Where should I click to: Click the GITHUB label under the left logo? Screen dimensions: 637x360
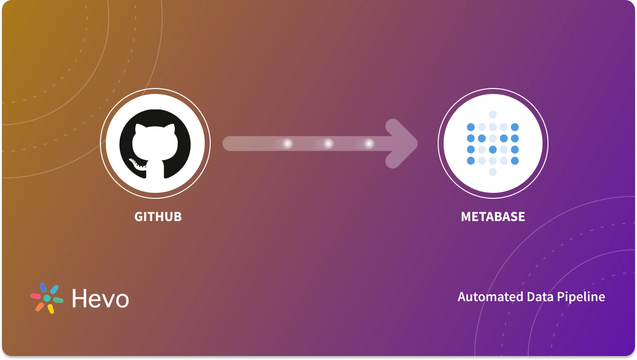click(158, 217)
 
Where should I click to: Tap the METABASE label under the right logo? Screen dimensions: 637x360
click(493, 217)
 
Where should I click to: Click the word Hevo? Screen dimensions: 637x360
click(100, 299)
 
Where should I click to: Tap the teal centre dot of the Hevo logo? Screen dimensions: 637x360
click(47, 298)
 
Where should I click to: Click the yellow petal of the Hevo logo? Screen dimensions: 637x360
click(50, 309)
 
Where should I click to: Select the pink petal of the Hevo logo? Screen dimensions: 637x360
click(36, 296)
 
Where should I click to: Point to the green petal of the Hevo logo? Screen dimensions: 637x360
click(58, 300)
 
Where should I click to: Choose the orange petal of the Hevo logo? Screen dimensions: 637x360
click(40, 307)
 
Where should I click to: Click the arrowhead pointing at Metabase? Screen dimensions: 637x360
click(403, 143)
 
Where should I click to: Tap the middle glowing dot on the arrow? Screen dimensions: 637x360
click(328, 143)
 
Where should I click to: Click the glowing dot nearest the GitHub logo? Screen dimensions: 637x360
click(287, 143)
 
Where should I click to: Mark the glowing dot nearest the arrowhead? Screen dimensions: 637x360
click(369, 143)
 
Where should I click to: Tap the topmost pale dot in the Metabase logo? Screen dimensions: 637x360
click(493, 114)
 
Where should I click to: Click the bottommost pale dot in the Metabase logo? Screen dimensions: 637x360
click(493, 172)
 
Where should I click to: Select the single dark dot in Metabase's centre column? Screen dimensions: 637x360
click(493, 149)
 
